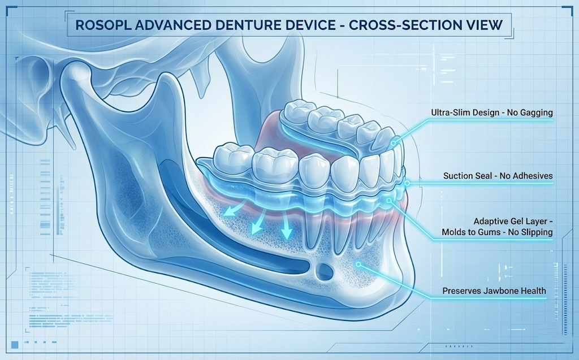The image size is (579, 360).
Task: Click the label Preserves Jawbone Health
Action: click(x=494, y=291)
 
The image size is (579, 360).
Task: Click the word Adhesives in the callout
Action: click(x=532, y=176)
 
